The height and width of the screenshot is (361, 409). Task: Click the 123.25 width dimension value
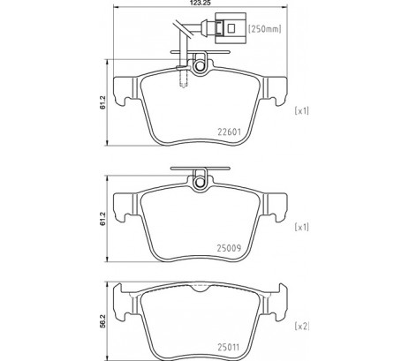click(200, 3)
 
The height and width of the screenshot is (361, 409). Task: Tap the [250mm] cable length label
click(265, 29)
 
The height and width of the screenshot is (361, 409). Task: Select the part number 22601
click(229, 132)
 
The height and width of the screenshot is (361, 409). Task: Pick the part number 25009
click(229, 248)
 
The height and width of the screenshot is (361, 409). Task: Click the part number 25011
click(229, 348)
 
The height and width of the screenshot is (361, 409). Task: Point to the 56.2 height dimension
click(102, 321)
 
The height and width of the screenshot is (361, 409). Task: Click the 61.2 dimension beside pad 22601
click(102, 102)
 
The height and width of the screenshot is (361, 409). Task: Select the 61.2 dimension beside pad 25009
click(102, 219)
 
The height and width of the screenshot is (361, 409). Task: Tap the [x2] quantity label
click(302, 326)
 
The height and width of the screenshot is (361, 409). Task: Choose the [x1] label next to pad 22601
click(302, 110)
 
